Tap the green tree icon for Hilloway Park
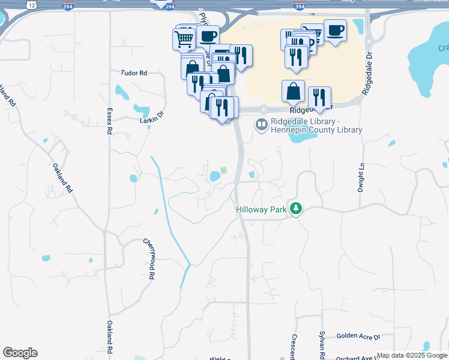click(295, 209)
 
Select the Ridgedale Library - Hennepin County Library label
click(316, 125)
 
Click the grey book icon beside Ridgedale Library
click(261, 125)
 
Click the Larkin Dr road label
click(151, 116)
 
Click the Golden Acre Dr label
click(358, 337)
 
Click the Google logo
click(20, 353)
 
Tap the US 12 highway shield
click(31, 5)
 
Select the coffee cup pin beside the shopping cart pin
click(208, 37)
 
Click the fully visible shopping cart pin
click(184, 40)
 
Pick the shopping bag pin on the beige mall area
click(293, 92)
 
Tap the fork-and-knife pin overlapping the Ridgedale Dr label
click(319, 97)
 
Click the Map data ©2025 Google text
click(412, 355)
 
